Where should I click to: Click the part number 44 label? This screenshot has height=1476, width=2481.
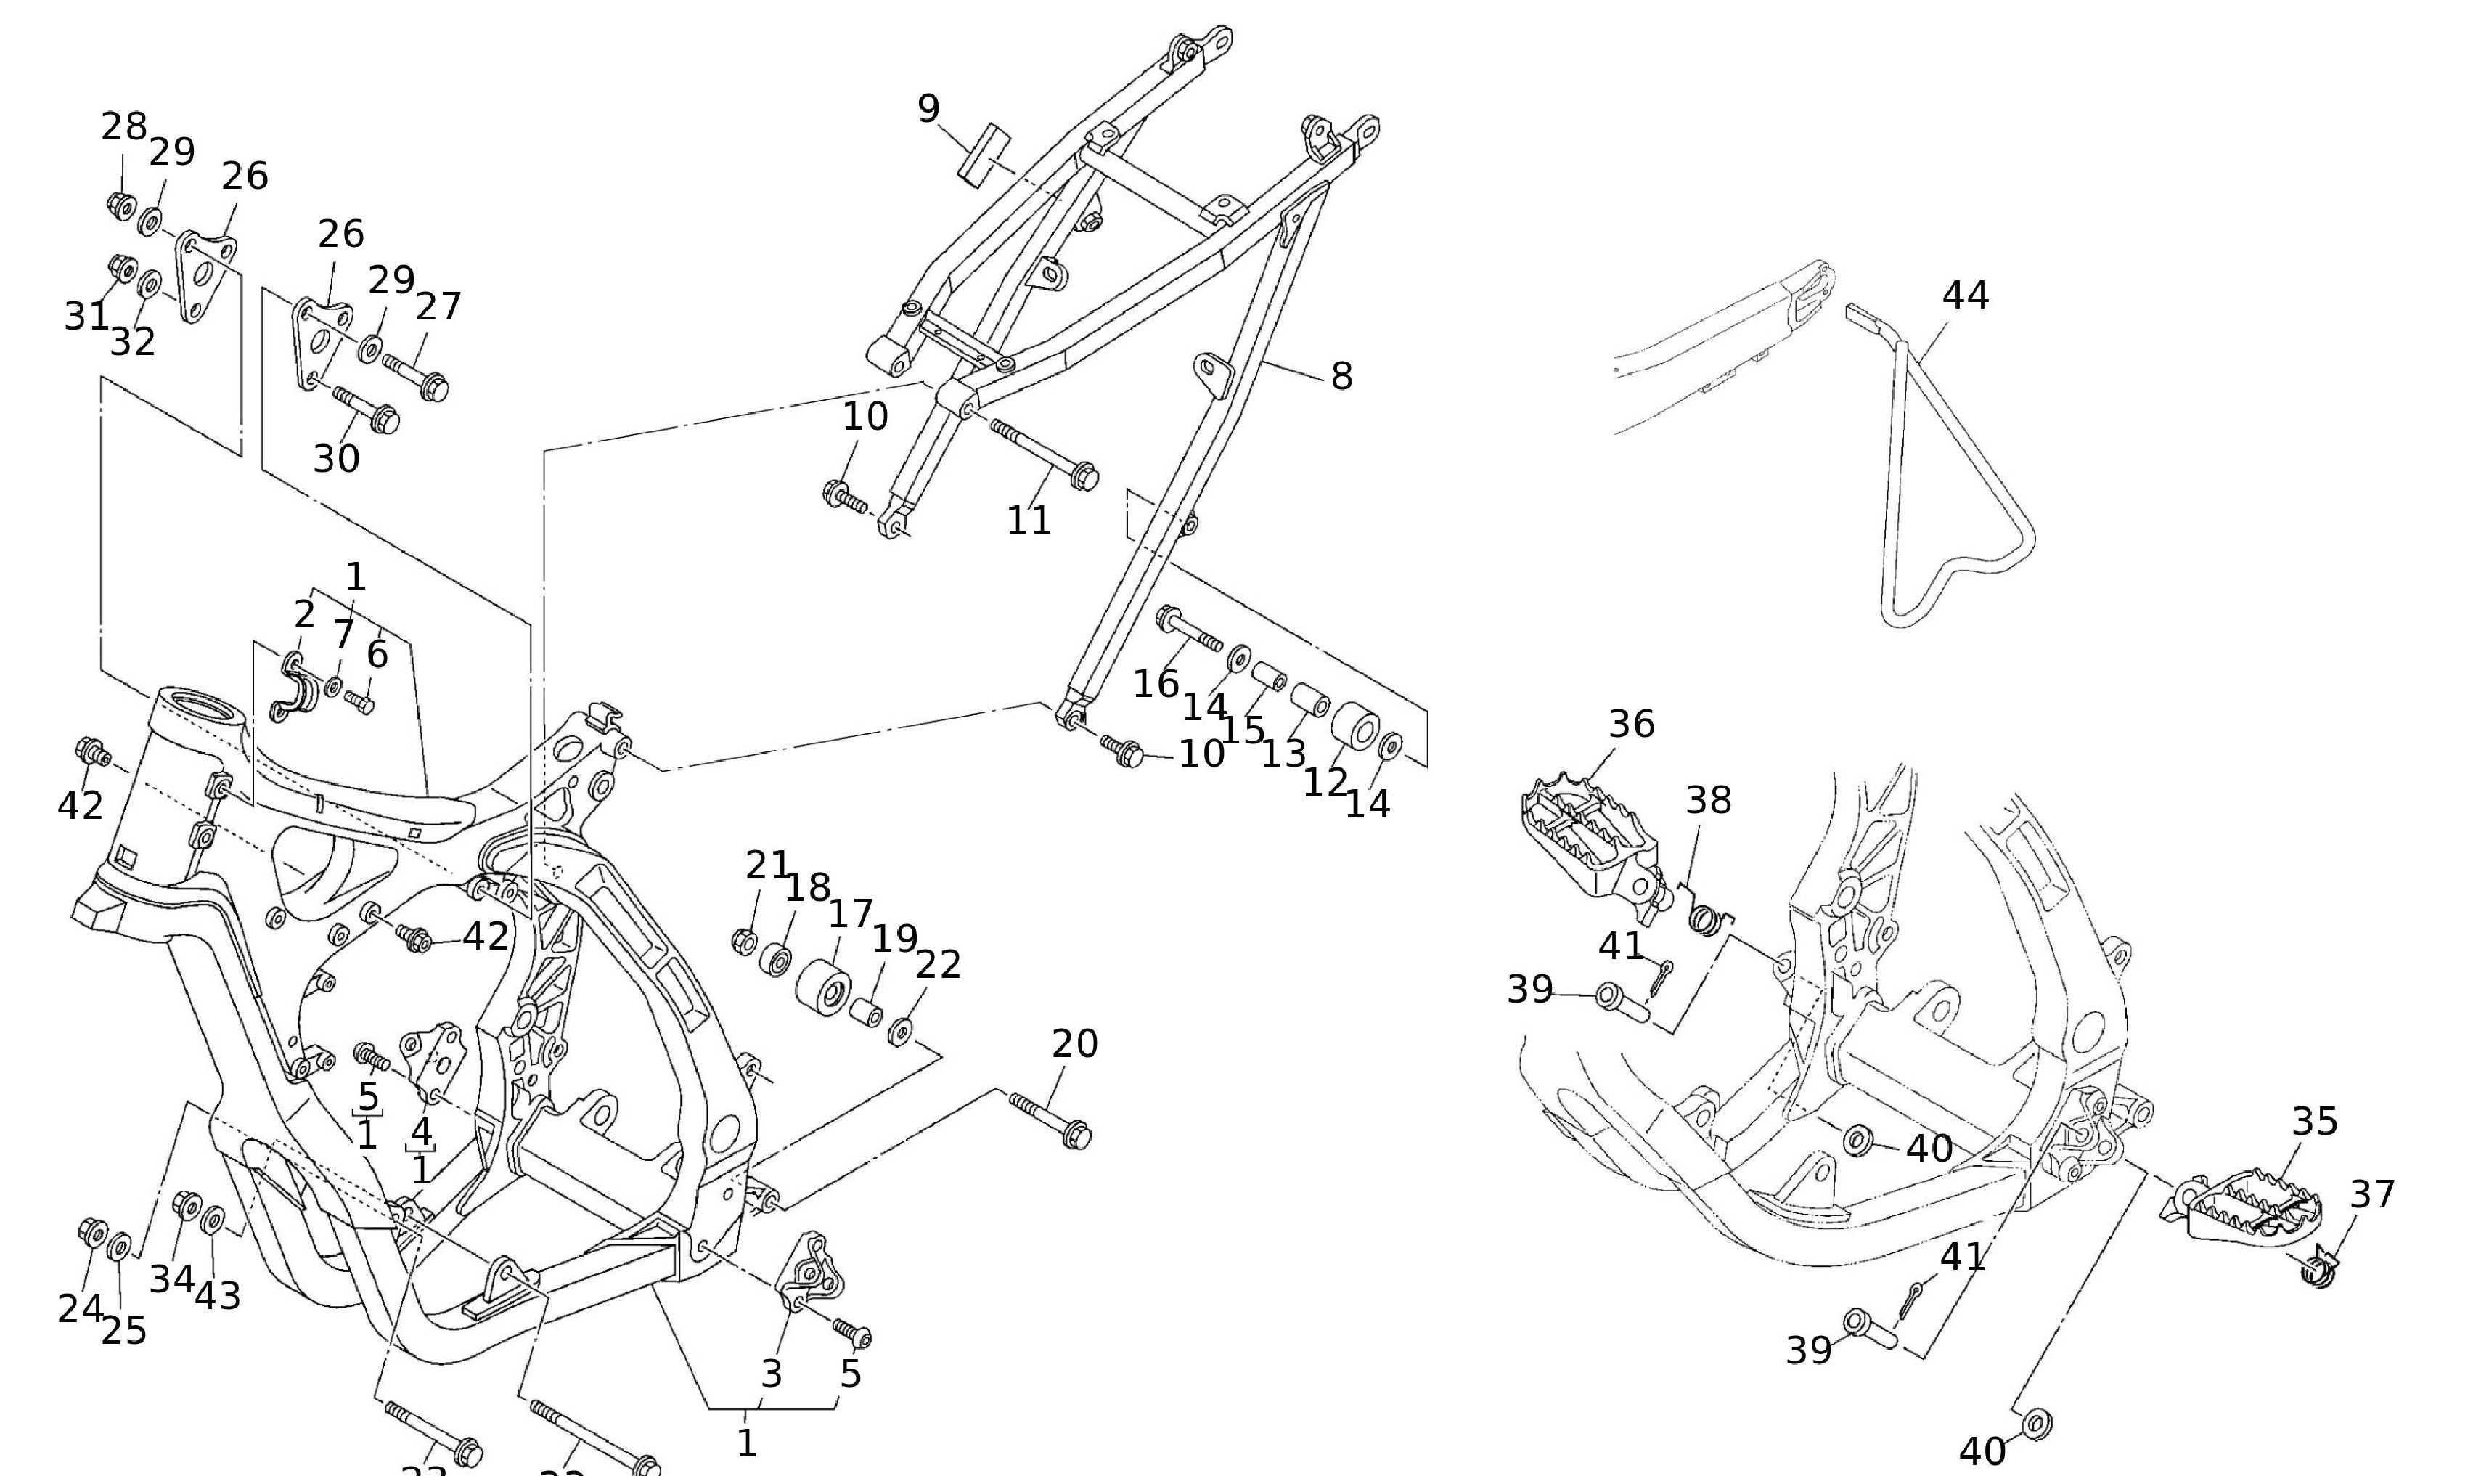1965,295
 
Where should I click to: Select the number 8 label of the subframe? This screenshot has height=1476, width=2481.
1341,377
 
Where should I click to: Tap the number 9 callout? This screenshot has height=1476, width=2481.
928,108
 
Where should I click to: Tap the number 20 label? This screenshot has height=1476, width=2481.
1074,1043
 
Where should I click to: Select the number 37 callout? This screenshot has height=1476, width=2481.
2371,1194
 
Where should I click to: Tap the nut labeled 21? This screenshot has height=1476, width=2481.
743,940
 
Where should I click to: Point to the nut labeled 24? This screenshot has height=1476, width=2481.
92,1232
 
